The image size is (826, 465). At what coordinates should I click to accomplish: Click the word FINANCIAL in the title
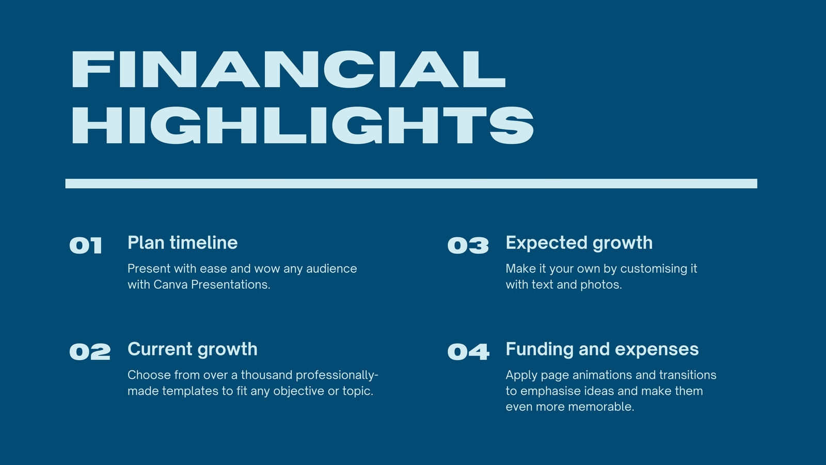pos(289,69)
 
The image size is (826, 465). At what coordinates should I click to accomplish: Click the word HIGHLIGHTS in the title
pos(303,126)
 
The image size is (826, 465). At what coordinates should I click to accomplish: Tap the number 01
pos(86,245)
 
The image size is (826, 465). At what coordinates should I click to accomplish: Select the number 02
pos(90,352)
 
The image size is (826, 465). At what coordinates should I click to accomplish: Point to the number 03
pos(468,245)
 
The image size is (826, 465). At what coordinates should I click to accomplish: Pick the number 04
pos(468,352)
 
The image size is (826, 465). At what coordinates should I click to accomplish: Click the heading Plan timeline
pos(183,243)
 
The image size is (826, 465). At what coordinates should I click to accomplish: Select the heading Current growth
pos(193,349)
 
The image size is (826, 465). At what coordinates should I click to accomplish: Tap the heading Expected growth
pos(579,243)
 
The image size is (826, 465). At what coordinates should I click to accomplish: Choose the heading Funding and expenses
pos(602,349)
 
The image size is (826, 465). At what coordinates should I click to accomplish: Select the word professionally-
pos(337,376)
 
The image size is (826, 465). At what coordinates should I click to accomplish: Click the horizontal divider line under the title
pos(411,183)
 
